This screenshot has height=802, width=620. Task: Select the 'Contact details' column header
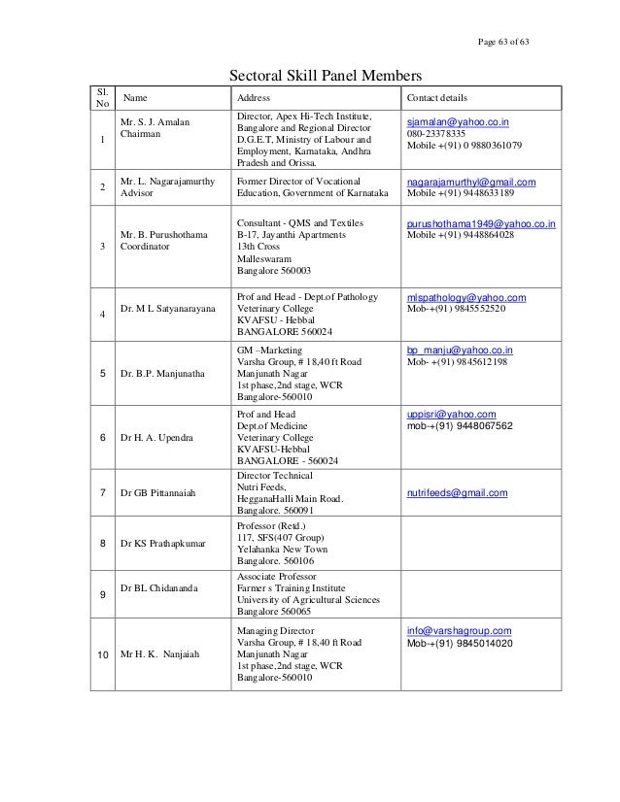[x=436, y=99]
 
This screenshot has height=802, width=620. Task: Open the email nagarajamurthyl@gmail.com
[x=470, y=182]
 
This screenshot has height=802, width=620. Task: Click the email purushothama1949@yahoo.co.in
[x=481, y=223]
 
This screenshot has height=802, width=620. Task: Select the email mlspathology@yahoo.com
[x=466, y=297]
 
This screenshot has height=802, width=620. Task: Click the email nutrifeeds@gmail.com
[x=457, y=493]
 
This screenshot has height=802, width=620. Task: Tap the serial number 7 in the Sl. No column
[x=102, y=494]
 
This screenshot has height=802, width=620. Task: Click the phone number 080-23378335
[x=436, y=135]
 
